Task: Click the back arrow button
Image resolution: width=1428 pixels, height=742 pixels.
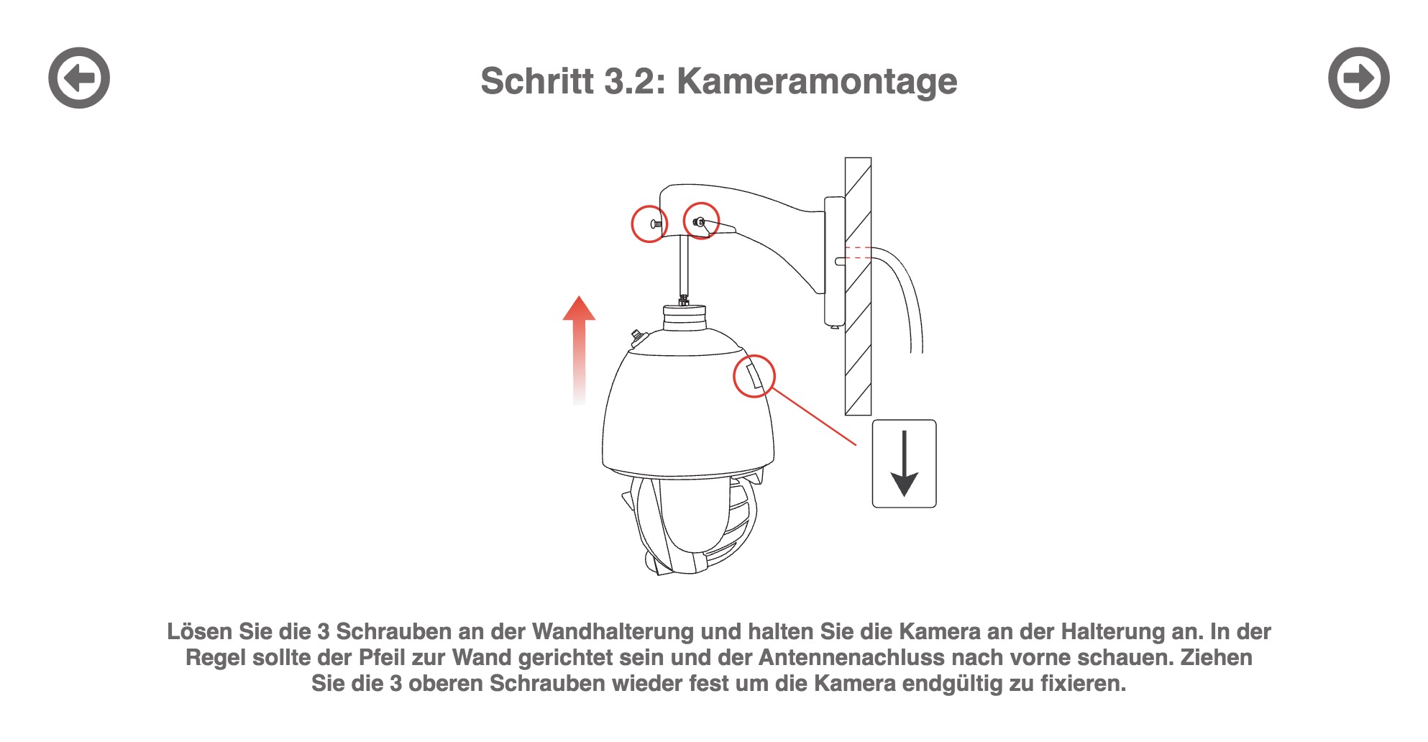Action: coord(79,78)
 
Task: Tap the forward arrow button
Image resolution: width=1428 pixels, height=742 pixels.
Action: coord(1358,78)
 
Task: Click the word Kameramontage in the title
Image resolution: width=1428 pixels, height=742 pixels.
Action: coord(817,81)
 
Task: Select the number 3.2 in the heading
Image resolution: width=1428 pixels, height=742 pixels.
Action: coord(630,81)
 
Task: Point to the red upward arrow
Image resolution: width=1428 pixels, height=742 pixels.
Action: coord(579,350)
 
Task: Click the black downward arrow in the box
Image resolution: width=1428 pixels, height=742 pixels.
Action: coord(904,463)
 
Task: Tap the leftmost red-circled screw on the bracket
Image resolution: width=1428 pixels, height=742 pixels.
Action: coord(649,224)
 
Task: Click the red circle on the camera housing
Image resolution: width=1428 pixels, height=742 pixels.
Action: coord(754,375)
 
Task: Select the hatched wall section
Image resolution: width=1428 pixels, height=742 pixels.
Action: coord(858,286)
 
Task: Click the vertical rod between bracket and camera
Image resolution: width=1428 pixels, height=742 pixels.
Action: coord(684,266)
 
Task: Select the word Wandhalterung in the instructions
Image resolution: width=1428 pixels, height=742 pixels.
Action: coord(613,632)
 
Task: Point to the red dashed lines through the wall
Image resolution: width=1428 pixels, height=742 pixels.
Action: coord(858,252)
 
